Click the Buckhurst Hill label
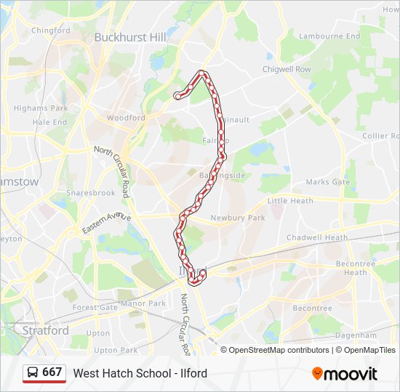(x=130, y=37)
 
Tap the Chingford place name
(x=49, y=30)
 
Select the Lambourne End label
(x=330, y=36)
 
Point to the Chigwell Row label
(x=287, y=70)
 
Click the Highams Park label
(x=41, y=108)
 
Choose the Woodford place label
(x=126, y=118)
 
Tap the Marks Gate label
(x=327, y=182)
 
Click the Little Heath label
(x=290, y=201)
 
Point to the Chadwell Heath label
(x=317, y=237)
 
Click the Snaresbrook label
(x=91, y=193)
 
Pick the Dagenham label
(x=356, y=335)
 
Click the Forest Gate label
(x=95, y=307)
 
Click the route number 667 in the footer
(x=52, y=372)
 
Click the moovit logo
(x=345, y=373)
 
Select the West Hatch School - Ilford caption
(x=140, y=373)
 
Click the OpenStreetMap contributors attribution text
(x=279, y=350)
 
